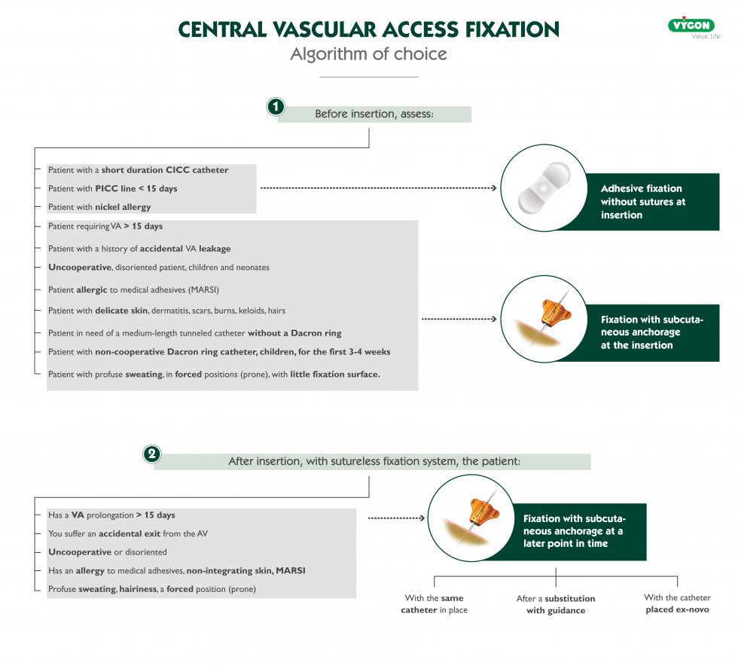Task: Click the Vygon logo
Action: coord(691,26)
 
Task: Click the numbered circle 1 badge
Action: coord(276,108)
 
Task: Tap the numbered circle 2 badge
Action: coord(151,454)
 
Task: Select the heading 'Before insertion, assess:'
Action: coord(374,114)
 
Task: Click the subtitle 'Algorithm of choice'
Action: coord(368,54)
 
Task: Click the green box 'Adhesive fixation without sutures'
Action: coord(651,202)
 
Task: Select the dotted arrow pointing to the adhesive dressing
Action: coord(377,188)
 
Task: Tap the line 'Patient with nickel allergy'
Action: coord(99,207)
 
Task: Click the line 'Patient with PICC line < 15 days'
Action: coord(113,188)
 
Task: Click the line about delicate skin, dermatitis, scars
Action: coord(166,310)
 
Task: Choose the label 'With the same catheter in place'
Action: coord(434,604)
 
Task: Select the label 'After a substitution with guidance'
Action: coord(556,604)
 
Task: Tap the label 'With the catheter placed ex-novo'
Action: coord(677,603)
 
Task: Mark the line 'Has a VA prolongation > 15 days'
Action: coord(111,515)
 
